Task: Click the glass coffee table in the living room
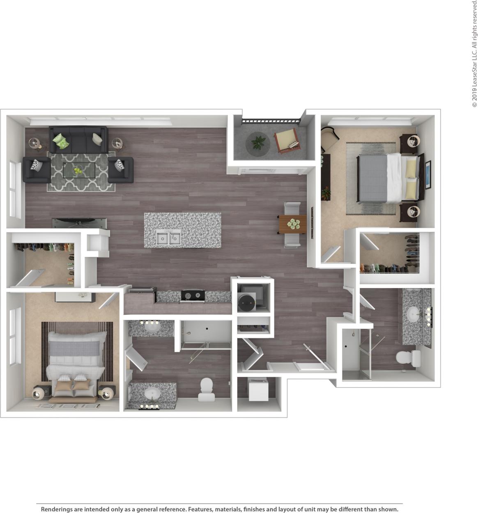click(78, 169)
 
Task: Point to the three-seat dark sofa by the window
click(78, 139)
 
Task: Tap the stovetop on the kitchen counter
click(193, 294)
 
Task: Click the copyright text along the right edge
click(474, 53)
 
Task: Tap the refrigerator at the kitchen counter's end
click(140, 300)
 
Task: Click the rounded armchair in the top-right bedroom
click(329, 138)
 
